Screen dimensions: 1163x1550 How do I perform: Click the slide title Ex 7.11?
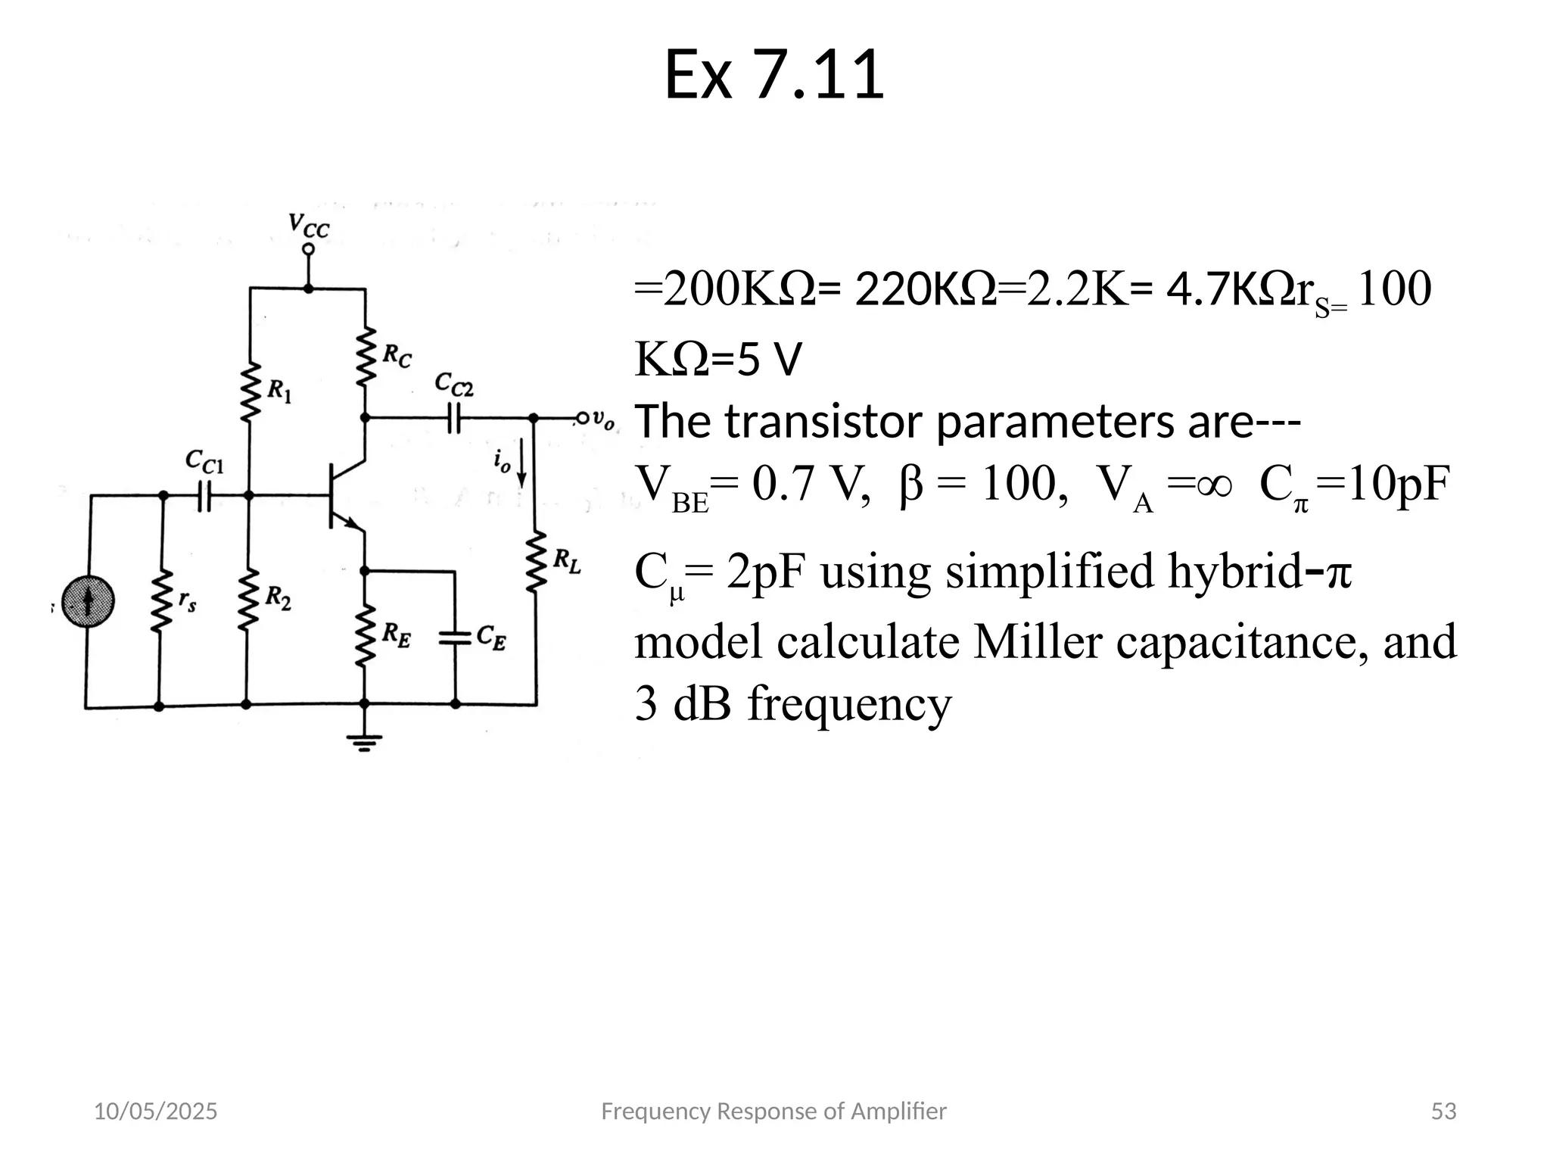tap(773, 74)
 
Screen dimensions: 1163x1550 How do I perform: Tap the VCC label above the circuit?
tap(309, 225)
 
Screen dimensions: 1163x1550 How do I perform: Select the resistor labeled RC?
tap(366, 356)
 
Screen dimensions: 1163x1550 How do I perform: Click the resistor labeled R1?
tap(250, 392)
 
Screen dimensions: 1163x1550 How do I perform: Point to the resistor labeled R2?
tap(247, 600)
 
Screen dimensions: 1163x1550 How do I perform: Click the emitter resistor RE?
tap(366, 635)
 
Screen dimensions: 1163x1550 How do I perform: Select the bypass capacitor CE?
tap(456, 638)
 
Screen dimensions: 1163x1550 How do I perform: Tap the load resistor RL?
tap(537, 562)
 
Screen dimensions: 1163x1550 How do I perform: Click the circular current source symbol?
tap(88, 602)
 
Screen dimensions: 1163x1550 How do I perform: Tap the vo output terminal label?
tap(603, 419)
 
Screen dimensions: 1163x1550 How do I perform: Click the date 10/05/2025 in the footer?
tap(155, 1111)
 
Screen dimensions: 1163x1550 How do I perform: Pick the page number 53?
tap(1443, 1111)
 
